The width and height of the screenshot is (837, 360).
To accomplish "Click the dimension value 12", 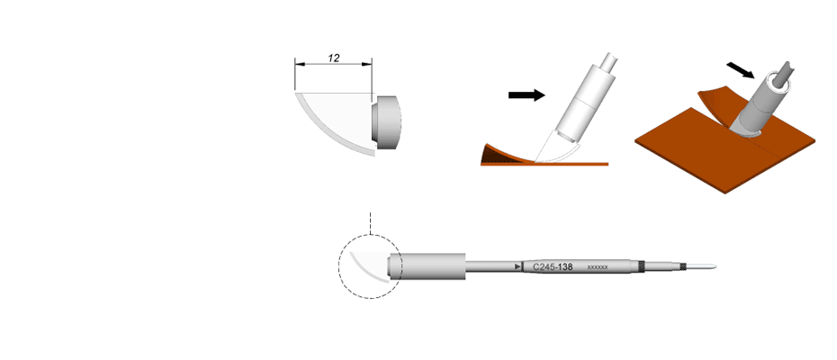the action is pos(334,58).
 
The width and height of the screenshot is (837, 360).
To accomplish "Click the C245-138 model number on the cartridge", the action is pos(553,266).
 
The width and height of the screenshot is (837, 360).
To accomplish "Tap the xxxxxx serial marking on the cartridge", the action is pos(598,266).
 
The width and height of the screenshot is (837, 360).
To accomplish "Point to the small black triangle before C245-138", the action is pos(517,266).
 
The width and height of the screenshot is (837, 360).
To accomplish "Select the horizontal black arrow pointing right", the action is pos(526,95).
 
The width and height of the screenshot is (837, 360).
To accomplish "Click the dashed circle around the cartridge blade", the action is pos(339,267).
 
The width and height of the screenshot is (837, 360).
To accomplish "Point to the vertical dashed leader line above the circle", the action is pos(369,224).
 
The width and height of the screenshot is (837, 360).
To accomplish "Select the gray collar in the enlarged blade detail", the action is pos(386,122).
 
